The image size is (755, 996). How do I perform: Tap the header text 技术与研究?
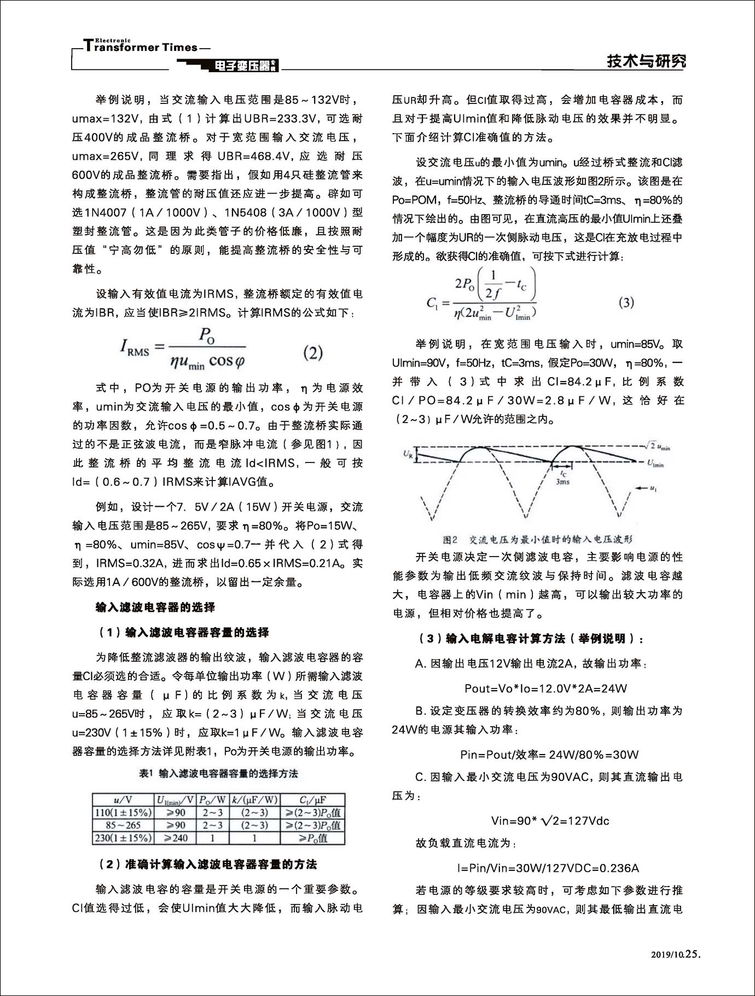pyautogui.click(x=646, y=61)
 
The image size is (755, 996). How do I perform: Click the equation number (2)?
pyautogui.click(x=313, y=352)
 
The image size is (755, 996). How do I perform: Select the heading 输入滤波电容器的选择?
pyautogui.click(x=155, y=607)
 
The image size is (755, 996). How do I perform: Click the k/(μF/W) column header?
pyautogui.click(x=254, y=800)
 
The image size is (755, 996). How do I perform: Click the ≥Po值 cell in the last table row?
pyautogui.click(x=313, y=838)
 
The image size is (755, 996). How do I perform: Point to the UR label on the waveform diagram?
pyautogui.click(x=408, y=454)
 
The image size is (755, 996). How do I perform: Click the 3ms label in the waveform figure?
pyautogui.click(x=562, y=482)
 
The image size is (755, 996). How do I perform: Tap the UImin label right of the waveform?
pyautogui.click(x=655, y=464)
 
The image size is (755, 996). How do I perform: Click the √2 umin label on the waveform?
pyautogui.click(x=657, y=447)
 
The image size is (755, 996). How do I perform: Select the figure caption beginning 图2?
pyautogui.click(x=537, y=540)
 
